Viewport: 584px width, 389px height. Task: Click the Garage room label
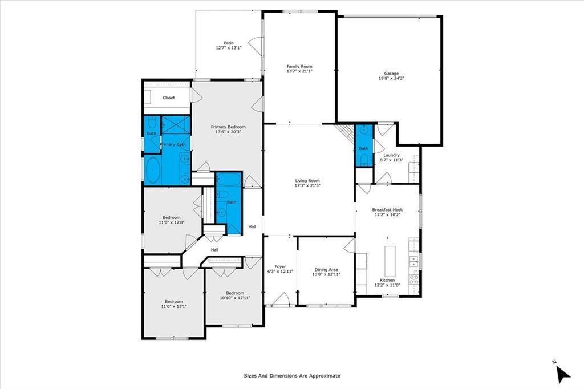[x=391, y=74]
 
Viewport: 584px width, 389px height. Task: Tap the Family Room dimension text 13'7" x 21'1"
[x=299, y=73]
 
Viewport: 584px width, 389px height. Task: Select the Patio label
[x=228, y=43]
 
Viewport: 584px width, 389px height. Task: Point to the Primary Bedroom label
[x=228, y=127]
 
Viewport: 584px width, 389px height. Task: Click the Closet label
[x=169, y=98]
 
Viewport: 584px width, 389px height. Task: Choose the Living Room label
[x=307, y=180]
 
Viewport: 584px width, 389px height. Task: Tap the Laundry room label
[x=391, y=155]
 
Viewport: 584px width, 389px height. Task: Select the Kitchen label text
[x=387, y=280]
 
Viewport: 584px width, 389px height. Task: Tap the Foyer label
[x=280, y=266]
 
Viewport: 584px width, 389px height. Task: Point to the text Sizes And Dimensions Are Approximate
[x=292, y=376]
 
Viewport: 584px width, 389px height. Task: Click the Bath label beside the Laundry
[x=363, y=148]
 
